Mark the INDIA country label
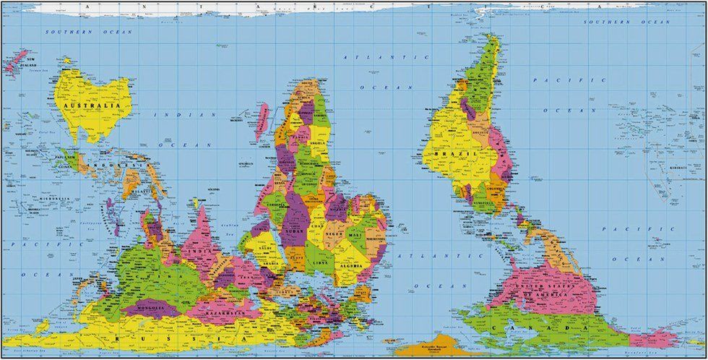pos(204,252)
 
